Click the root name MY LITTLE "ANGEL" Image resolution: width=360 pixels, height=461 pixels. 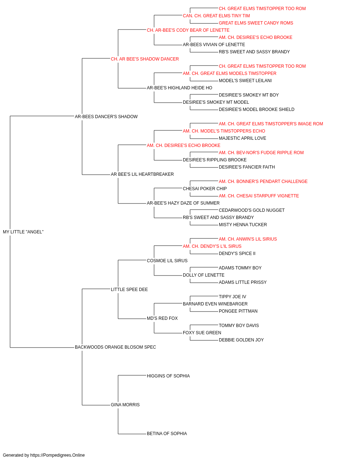23,232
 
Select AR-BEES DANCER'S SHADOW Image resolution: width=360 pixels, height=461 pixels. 106,116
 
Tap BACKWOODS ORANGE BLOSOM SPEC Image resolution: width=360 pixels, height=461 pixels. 115,347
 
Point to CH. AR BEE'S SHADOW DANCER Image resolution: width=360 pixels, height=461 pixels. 145,59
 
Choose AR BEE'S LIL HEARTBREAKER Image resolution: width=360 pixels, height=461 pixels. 142,174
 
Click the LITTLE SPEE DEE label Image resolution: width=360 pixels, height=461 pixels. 129,290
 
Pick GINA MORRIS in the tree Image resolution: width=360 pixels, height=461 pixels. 125,405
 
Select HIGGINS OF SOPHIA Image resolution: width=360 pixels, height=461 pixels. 168,376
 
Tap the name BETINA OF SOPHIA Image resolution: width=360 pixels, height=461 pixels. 167,434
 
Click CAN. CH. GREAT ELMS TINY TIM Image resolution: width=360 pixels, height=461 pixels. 216,16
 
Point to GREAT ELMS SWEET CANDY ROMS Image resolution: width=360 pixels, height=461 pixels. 256,23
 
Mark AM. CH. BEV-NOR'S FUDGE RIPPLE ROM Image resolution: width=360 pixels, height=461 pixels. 261,153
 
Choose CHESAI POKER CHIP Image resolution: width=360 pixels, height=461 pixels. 205,189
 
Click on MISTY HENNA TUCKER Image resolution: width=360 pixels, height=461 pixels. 243,225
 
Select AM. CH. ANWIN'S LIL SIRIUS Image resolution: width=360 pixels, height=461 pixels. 248,239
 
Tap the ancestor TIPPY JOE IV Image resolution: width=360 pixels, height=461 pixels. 232,297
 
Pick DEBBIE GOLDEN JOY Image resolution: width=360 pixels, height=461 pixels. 241,340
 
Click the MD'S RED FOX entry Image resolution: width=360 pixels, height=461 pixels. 162,318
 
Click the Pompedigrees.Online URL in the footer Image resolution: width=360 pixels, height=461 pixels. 58,455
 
